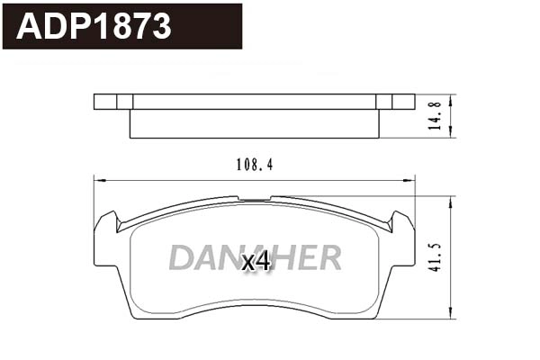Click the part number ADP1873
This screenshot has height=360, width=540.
tap(94, 27)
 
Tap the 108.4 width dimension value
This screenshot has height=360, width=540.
tap(254, 165)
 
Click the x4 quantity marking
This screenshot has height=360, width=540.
tap(256, 262)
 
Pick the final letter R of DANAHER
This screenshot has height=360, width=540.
tap(330, 258)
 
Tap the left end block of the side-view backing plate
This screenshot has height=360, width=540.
tap(113, 101)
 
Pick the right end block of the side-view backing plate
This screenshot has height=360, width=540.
tap(396, 101)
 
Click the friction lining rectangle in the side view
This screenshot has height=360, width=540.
tap(255, 123)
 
